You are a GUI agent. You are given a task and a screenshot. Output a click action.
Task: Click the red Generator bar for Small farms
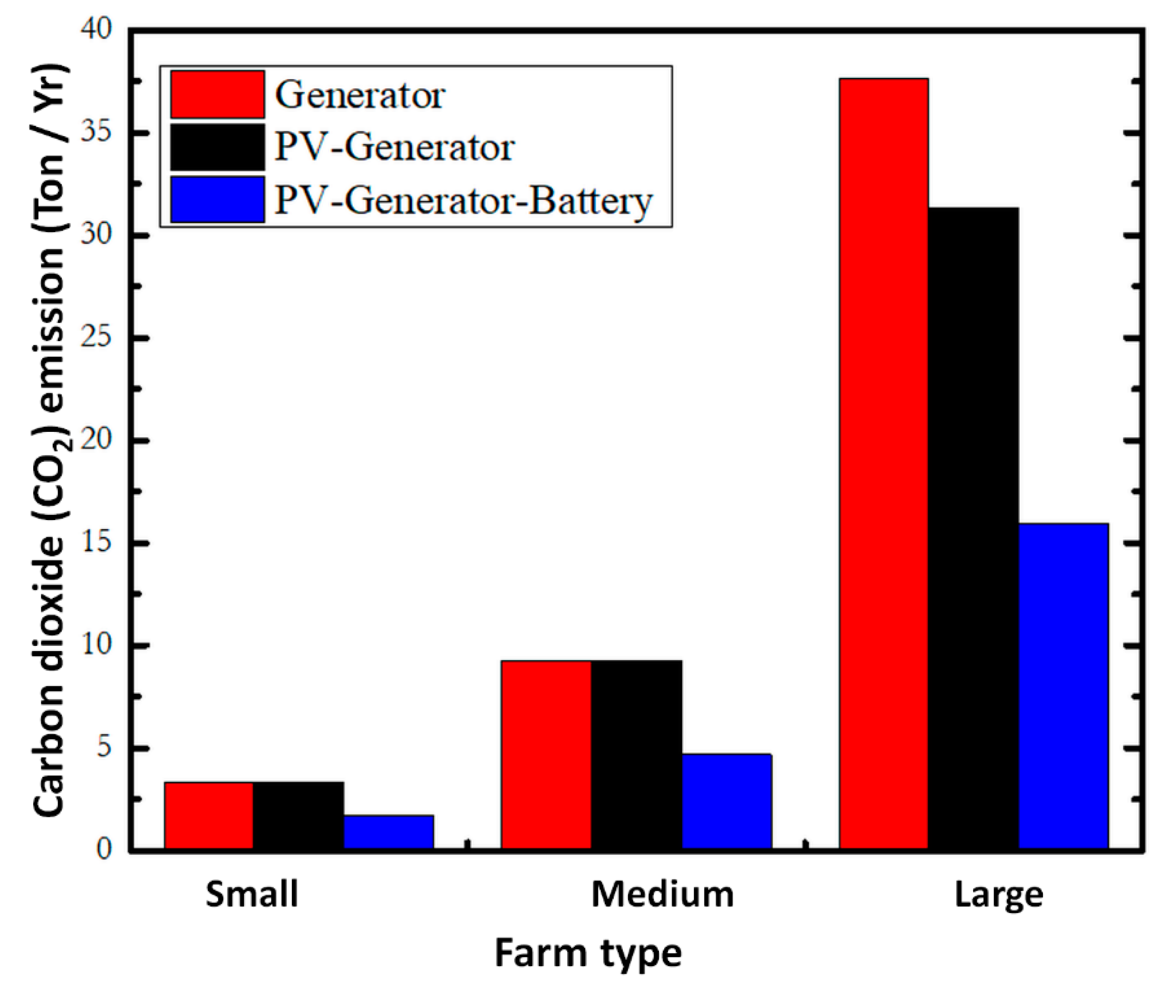(208, 816)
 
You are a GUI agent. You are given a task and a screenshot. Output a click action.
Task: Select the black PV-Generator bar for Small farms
(298, 816)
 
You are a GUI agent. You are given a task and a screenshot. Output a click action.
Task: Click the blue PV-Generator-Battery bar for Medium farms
(726, 802)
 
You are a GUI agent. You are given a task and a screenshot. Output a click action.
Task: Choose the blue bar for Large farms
(1063, 687)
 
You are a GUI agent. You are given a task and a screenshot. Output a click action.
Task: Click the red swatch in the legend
(217, 94)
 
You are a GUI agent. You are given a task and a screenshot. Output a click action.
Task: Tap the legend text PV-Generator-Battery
(463, 200)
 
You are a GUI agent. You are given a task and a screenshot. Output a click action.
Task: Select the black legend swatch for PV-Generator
(217, 147)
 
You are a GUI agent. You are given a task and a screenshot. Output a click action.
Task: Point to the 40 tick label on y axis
(96, 29)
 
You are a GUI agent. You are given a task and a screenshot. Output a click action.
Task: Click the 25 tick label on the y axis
(96, 337)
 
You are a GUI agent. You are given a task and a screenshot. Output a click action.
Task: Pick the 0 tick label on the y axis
(104, 850)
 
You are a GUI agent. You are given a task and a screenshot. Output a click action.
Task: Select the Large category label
(999, 895)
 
